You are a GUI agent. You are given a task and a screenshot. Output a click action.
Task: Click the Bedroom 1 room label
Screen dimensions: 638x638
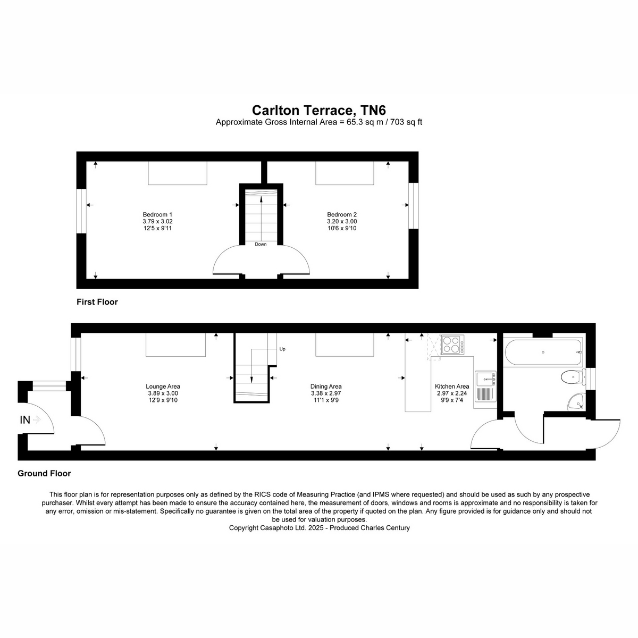pos(157,215)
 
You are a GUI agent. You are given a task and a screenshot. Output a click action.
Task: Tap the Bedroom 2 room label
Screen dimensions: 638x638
pos(342,215)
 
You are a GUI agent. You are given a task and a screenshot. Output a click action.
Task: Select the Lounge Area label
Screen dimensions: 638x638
pos(163,387)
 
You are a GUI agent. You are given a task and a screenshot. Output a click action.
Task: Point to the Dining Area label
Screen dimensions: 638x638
pos(326,387)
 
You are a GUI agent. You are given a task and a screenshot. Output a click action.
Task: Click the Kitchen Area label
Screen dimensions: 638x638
pos(451,387)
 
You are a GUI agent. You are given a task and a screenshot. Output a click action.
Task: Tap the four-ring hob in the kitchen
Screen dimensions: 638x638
pos(452,345)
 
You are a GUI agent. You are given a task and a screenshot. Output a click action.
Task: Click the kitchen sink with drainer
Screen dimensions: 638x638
pos(485,386)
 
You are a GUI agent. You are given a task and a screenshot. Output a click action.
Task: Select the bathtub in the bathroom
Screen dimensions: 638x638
pos(543,352)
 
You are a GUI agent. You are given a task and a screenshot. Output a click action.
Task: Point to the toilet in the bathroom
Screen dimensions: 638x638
pos(573,377)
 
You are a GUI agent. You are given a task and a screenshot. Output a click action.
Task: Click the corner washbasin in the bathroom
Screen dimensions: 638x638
pos(576,402)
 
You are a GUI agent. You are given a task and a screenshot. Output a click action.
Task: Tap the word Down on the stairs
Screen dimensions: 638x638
pos(261,245)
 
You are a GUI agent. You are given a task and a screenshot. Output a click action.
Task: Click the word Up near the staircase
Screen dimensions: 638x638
pos(282,349)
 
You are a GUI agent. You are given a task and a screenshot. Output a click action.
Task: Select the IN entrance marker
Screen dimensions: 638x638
pos(25,420)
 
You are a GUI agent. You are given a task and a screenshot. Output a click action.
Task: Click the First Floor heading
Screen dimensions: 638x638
pos(97,302)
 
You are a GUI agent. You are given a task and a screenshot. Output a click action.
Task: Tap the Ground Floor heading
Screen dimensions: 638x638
pos(44,474)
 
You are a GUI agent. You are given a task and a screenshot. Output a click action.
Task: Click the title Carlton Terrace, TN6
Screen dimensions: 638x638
pos(319,110)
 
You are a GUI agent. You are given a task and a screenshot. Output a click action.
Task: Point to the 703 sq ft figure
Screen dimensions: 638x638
pos(406,122)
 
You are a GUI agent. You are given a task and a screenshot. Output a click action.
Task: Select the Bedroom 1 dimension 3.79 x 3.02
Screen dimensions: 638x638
pos(157,221)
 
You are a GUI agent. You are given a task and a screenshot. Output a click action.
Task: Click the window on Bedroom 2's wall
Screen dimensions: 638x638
pos(413,206)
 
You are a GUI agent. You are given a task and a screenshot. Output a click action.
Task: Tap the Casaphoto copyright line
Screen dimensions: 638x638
pos(319,528)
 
